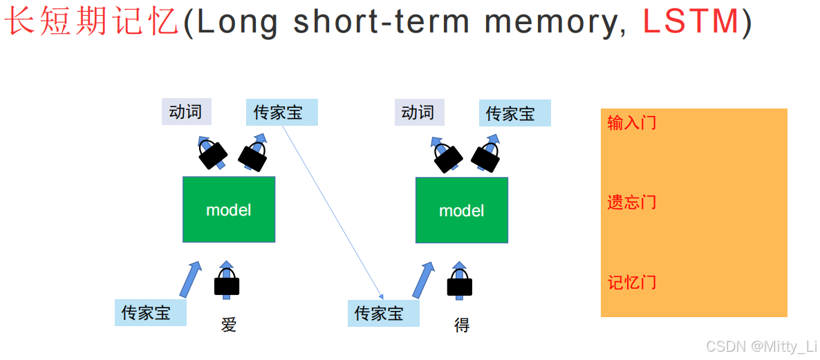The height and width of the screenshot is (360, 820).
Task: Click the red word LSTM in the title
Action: (x=690, y=21)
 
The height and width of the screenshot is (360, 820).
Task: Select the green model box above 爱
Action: (x=229, y=209)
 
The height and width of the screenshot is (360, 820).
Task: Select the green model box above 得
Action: (x=462, y=210)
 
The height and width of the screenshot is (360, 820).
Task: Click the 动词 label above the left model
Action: (x=186, y=111)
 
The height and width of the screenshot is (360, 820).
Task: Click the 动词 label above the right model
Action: (x=419, y=112)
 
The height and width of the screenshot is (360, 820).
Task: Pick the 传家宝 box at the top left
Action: (x=281, y=113)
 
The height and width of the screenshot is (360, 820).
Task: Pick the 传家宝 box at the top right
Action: (x=514, y=113)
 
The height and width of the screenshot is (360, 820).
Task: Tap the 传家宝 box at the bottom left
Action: (x=151, y=312)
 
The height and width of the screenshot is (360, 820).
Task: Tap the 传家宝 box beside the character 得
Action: (x=383, y=313)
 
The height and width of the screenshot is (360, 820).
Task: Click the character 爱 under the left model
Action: (x=229, y=325)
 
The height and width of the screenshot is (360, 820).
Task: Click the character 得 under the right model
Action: (x=462, y=325)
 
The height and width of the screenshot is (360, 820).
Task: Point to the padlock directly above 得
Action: (x=460, y=284)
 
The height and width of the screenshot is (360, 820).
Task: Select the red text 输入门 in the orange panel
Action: (x=632, y=123)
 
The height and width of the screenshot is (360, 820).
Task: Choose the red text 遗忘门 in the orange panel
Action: (x=632, y=202)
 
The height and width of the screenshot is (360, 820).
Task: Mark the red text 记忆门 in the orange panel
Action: (x=632, y=282)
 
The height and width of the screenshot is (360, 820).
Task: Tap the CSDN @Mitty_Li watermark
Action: (x=761, y=345)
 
